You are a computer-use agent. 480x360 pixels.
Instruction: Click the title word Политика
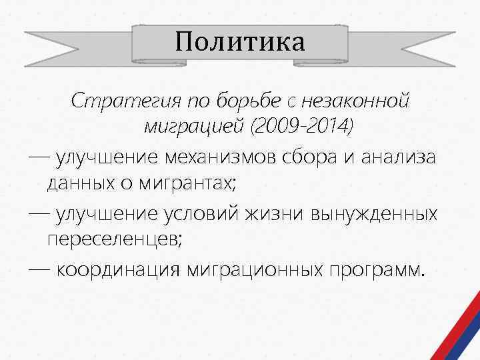tap(240, 42)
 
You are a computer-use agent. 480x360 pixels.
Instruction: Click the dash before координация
tap(39, 271)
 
